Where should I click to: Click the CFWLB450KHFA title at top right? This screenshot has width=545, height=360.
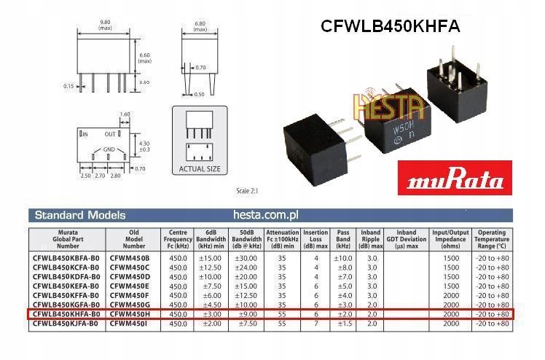(x=391, y=26)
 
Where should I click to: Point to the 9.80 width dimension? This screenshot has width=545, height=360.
(x=105, y=25)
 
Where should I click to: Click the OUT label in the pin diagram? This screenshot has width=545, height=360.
(x=111, y=134)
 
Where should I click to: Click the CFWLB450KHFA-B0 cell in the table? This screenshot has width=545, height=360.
(x=66, y=313)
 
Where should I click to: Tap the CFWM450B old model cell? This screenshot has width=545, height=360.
(x=129, y=258)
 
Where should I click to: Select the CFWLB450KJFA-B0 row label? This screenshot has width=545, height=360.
(x=66, y=322)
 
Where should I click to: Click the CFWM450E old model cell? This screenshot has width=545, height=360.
(x=129, y=286)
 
